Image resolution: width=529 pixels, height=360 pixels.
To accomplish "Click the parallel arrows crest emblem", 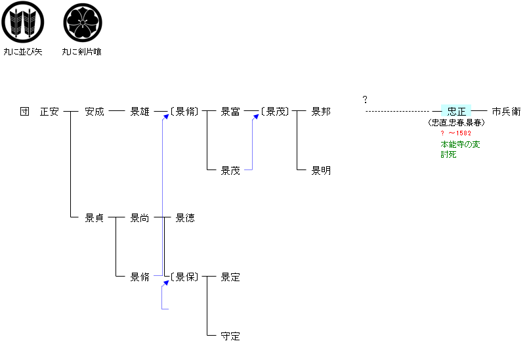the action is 22,22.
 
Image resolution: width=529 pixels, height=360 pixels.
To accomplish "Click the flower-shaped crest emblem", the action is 83,22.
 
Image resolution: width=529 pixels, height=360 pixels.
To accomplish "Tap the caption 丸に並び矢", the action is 23,52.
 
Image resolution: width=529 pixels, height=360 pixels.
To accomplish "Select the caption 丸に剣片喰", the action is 81,52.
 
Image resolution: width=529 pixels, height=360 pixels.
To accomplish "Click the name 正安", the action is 49,112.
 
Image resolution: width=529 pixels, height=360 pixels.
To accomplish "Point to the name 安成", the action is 95,112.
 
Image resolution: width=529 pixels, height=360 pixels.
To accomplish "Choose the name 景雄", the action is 140,112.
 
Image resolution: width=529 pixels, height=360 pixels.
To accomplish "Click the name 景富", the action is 230,112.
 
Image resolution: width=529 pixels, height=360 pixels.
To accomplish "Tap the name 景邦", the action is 321,112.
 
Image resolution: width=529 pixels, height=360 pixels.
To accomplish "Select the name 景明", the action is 321,171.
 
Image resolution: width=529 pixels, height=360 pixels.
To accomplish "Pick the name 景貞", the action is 95,218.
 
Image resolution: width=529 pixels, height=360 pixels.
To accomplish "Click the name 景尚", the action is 140,218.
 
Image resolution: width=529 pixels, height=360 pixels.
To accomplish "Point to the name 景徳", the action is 185,218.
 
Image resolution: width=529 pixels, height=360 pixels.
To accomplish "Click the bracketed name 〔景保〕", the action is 184,277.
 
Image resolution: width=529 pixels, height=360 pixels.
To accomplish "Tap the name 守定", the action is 230,336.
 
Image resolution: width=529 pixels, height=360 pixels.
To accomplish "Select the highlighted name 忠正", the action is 456,111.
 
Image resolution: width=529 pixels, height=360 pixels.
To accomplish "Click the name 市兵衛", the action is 507,112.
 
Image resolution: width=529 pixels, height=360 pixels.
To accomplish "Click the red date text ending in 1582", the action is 455,133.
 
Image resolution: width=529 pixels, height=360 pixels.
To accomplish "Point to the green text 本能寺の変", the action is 460,145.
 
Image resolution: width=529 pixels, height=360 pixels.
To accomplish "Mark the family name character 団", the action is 25,112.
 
